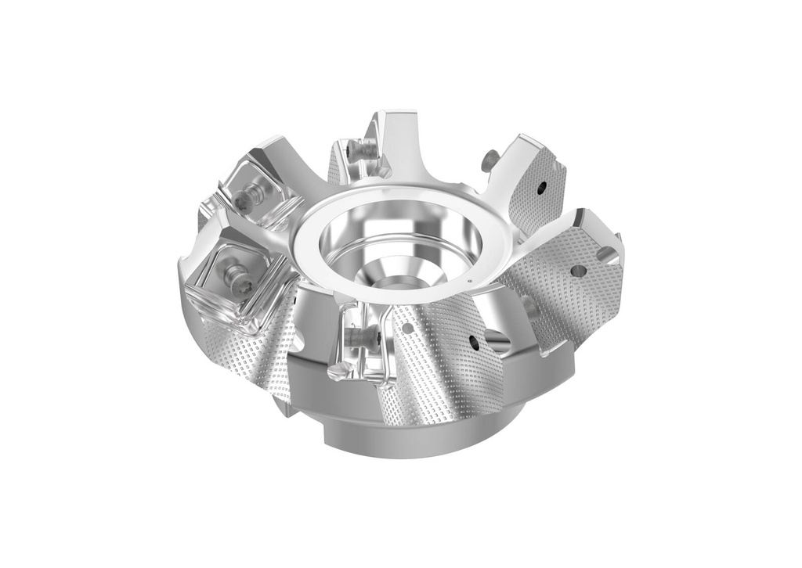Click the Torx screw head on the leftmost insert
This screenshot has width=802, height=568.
tap(236, 275)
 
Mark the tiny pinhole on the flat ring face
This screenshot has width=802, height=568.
tap(469, 281)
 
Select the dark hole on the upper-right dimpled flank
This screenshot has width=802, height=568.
tap(541, 187)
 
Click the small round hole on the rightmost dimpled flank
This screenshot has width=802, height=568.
tap(578, 270)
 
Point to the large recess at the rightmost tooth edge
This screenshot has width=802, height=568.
tap(606, 253)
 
